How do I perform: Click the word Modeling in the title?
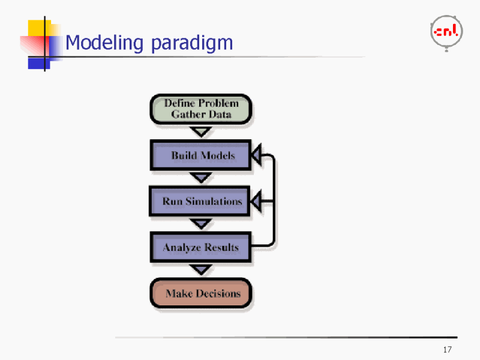pos(105,43)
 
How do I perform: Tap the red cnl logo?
pos(446,31)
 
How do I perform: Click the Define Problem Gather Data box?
pos(200,109)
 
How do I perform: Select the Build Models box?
pos(200,155)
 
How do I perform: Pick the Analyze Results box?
pos(200,247)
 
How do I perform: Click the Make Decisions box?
pos(200,293)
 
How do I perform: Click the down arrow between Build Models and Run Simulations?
pos(200,178)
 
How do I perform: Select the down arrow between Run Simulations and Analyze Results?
pos(200,224)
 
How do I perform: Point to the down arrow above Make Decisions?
pos(200,270)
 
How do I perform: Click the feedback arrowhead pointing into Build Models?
pos(256,155)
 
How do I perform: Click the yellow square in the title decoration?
pos(38,28)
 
